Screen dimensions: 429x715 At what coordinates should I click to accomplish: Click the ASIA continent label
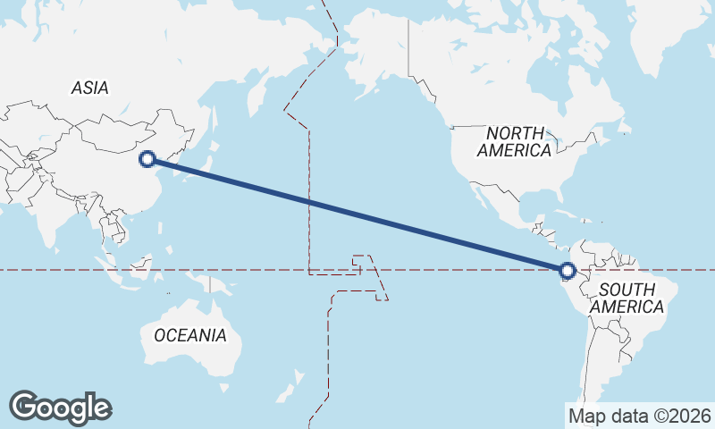pyautogui.click(x=89, y=88)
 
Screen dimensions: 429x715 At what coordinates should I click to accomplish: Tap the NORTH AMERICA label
pyautogui.click(x=514, y=141)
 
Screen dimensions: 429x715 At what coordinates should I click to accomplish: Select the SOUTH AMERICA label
pyautogui.click(x=631, y=298)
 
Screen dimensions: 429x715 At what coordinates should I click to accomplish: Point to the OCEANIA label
pyautogui.click(x=190, y=335)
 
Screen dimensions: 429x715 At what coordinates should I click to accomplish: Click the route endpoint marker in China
pyautogui.click(x=148, y=159)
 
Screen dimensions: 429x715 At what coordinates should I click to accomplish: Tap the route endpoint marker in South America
pyautogui.click(x=567, y=270)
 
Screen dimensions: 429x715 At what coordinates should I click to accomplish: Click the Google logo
pyautogui.click(x=60, y=408)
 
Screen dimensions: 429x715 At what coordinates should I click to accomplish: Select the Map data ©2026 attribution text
pyautogui.click(x=639, y=416)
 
